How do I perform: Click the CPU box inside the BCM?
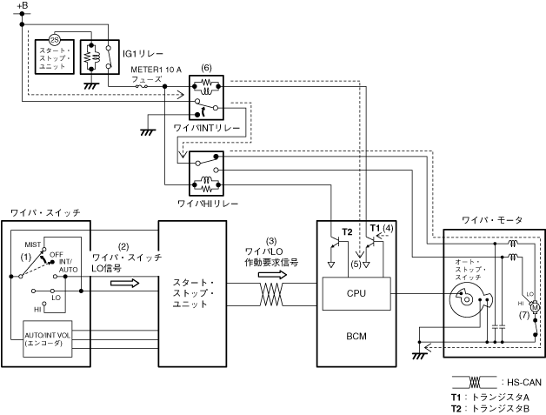point(356,293)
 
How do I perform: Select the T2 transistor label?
point(347,231)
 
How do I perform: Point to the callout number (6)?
point(206,67)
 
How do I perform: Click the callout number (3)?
point(271,240)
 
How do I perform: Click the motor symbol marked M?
point(535,305)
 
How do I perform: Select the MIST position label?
point(35,246)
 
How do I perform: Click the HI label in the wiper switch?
point(38,309)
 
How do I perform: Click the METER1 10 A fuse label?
point(156,69)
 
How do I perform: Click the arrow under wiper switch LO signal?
point(123,282)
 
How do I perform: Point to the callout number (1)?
point(26,258)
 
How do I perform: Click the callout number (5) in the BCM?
point(356,263)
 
